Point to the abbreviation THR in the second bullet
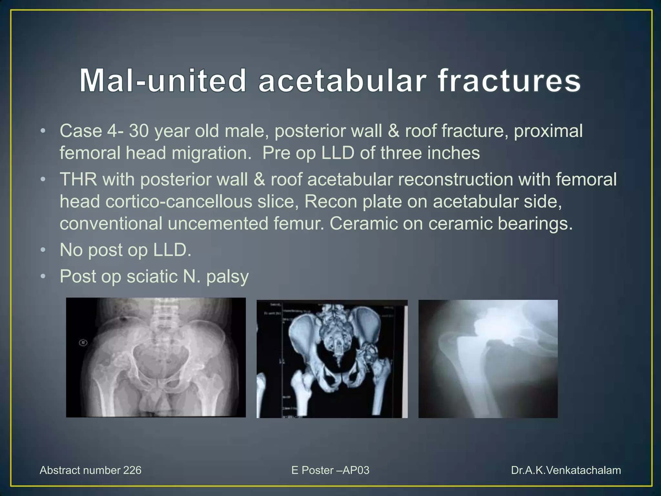coord(78,180)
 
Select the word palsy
coord(228,277)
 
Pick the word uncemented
coord(218,223)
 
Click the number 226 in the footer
coord(132,470)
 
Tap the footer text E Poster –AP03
coord(330,470)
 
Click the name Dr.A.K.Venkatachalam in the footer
coord(566,470)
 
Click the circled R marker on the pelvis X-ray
coord(83,343)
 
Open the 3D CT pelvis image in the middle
coord(332,359)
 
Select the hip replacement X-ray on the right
coord(488,359)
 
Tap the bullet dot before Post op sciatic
coord(43,276)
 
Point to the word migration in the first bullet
coord(211,153)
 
